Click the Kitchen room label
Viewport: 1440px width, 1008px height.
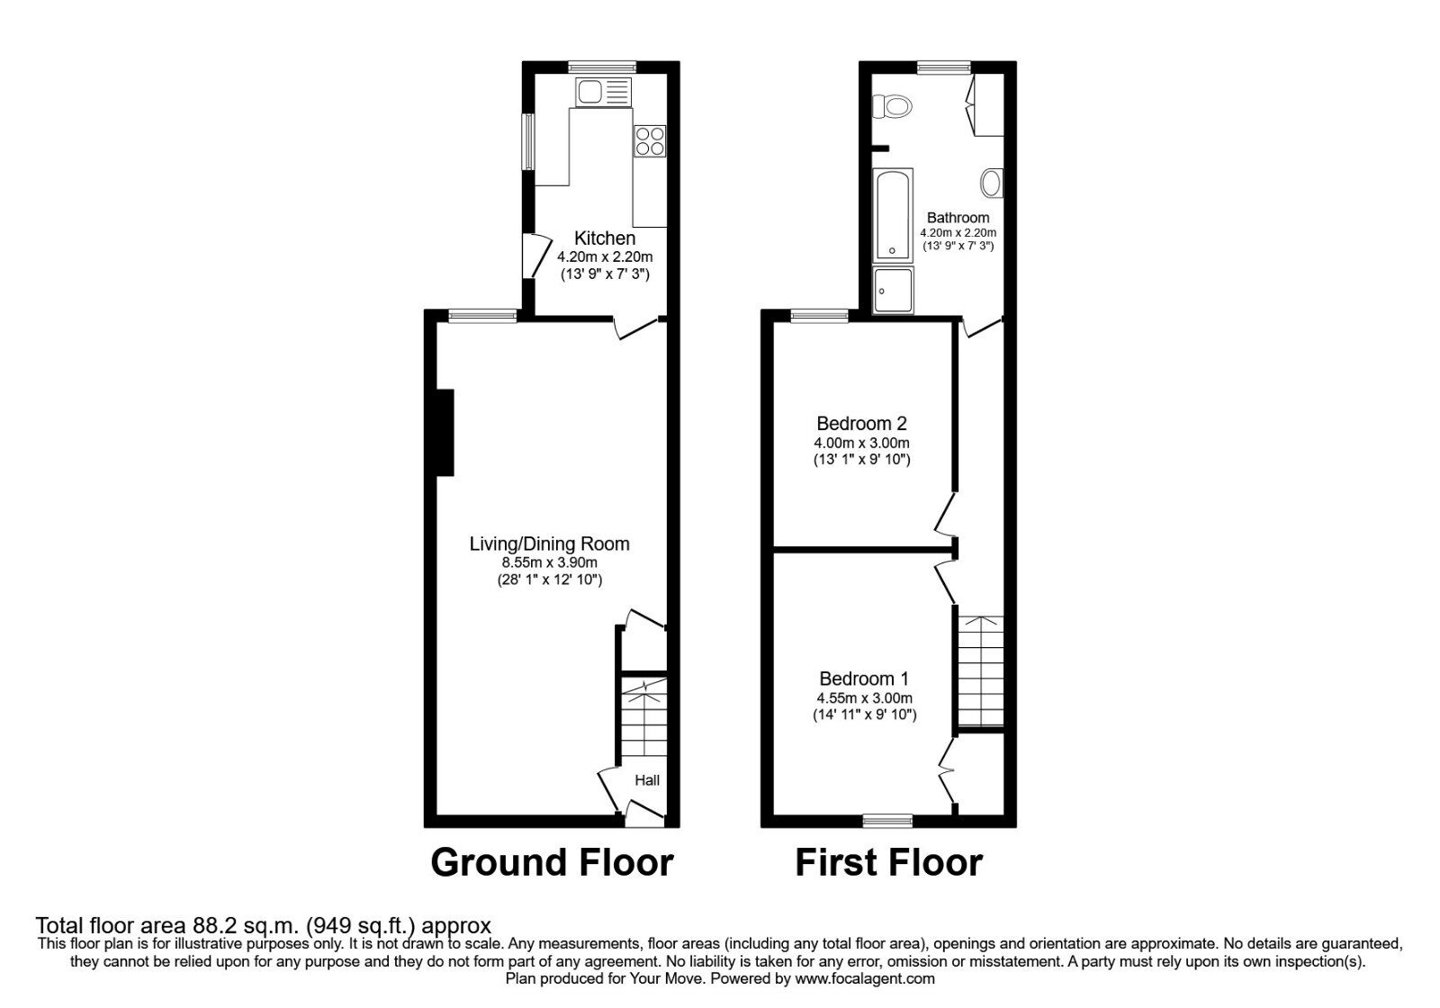(x=605, y=238)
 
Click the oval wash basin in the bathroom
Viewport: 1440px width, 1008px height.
(x=991, y=184)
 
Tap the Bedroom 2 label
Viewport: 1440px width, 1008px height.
(x=861, y=423)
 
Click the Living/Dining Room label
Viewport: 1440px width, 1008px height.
(x=549, y=544)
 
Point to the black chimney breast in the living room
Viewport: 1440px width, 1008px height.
(x=445, y=432)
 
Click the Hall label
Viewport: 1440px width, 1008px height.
(x=647, y=780)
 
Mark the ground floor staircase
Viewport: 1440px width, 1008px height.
(x=643, y=720)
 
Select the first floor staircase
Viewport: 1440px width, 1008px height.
(x=980, y=670)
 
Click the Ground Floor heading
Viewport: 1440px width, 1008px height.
(x=552, y=862)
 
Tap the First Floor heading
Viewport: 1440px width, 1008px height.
(x=888, y=862)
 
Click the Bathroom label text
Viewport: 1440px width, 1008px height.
(x=958, y=218)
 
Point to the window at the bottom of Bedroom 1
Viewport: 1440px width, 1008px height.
(x=886, y=820)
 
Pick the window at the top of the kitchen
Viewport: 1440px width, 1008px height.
(x=602, y=66)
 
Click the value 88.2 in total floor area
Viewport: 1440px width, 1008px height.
(x=213, y=925)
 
